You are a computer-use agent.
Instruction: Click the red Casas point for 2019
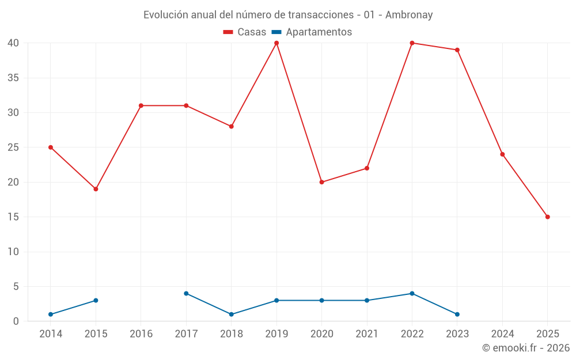tap(276, 43)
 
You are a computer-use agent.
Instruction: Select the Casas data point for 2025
tap(547, 217)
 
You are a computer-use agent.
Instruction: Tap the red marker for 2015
tap(96, 189)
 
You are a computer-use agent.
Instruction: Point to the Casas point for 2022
tap(412, 43)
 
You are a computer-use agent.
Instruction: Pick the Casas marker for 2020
tap(321, 182)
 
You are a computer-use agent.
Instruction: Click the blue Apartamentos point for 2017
tap(186, 294)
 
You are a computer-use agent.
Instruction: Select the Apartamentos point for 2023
tap(457, 314)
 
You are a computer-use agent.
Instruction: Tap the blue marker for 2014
tap(51, 314)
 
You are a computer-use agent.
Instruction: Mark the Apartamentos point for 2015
tap(96, 301)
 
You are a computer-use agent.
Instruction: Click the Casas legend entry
tap(245, 32)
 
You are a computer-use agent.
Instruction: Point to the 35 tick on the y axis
tap(13, 78)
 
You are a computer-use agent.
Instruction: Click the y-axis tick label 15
tap(13, 217)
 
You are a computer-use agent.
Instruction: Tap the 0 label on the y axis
tap(16, 321)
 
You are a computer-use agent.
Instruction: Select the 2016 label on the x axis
tap(141, 334)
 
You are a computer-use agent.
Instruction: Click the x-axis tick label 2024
tap(502, 334)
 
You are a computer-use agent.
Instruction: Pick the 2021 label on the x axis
tap(367, 334)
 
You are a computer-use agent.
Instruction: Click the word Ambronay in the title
tap(409, 15)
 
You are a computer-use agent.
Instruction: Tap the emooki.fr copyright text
tap(526, 348)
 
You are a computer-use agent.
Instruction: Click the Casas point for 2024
tap(502, 154)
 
